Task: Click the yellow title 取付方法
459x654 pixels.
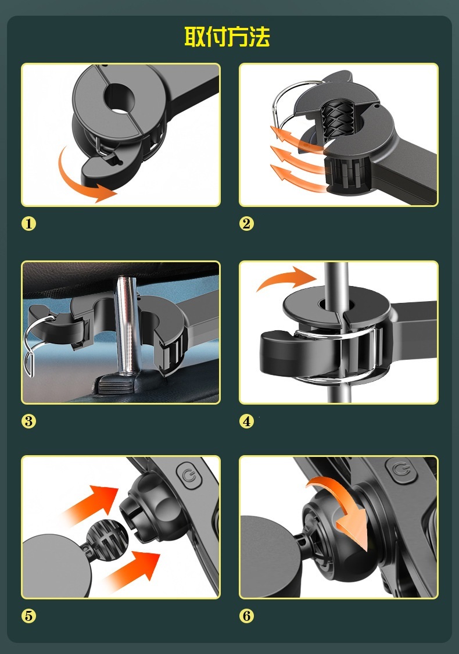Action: (227, 37)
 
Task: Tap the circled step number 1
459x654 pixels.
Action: (29, 224)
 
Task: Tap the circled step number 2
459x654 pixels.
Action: (246, 224)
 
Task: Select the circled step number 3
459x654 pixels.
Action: (29, 421)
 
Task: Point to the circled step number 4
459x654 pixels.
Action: (246, 421)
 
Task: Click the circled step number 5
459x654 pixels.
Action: (29, 616)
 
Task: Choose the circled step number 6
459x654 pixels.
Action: (246, 616)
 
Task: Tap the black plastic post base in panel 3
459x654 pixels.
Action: (121, 383)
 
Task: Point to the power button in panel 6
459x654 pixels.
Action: (401, 470)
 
